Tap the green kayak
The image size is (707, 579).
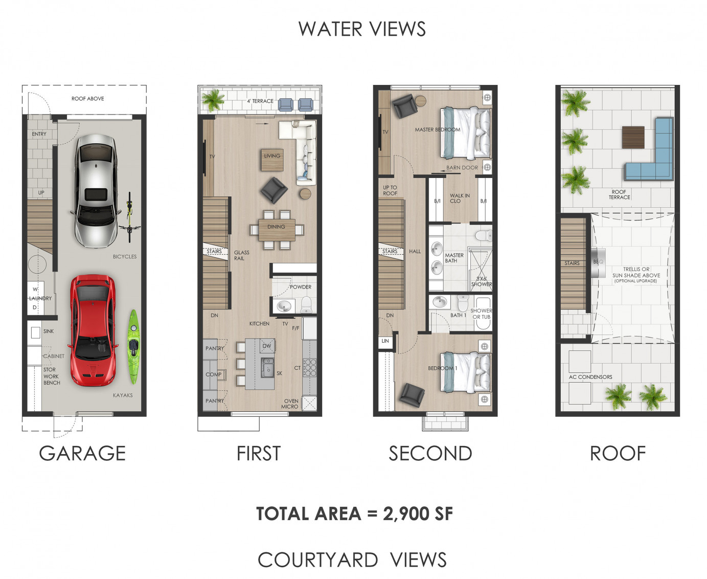(133, 346)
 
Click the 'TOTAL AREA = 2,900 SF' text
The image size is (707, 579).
(354, 514)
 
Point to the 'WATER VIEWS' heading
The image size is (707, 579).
(362, 29)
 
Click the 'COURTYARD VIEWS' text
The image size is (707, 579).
(352, 560)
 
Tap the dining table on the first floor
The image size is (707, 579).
(277, 230)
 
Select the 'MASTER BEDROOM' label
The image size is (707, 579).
(438, 130)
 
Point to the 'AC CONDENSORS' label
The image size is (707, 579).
(590, 377)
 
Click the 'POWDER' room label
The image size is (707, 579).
(301, 287)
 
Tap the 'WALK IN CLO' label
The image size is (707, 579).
(459, 198)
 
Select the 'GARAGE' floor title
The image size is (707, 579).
(82, 453)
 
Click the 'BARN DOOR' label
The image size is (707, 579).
(462, 168)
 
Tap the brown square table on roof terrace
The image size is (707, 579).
(633, 137)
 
